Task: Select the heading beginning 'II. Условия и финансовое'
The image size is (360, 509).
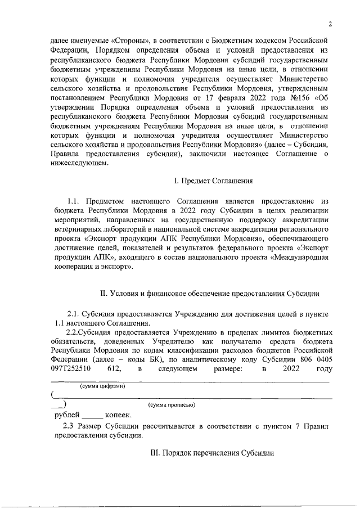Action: [x=210, y=293]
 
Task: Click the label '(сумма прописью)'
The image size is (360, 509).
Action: [x=172, y=405]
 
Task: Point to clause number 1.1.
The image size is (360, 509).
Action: [x=75, y=201]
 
